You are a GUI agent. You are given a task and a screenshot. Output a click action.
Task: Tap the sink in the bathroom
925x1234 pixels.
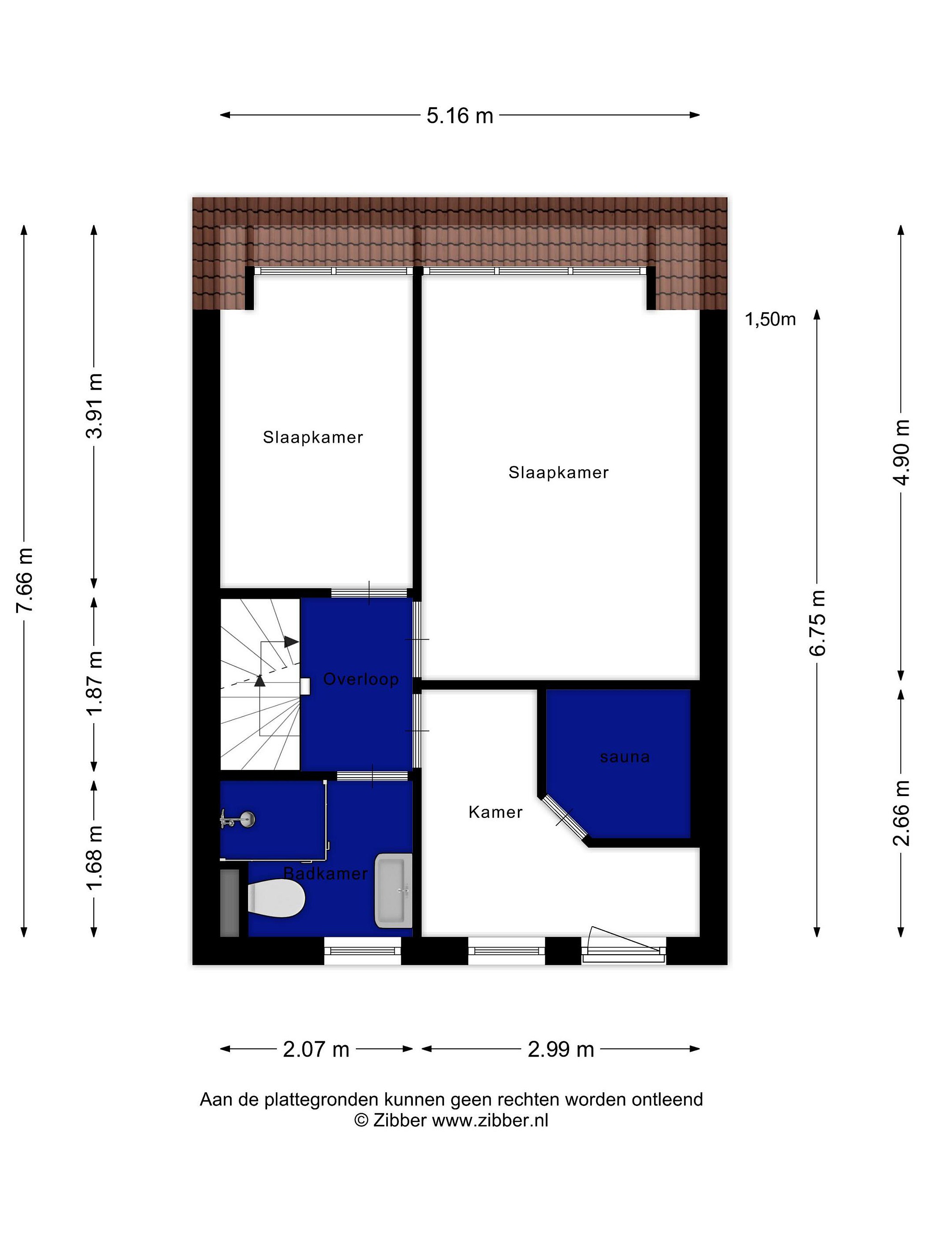(x=393, y=890)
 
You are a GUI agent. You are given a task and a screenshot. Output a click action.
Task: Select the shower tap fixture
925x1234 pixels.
(x=238, y=820)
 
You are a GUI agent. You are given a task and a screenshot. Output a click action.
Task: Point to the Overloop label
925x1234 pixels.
(x=361, y=679)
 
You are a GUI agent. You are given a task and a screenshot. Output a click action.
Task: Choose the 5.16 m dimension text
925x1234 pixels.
(x=460, y=116)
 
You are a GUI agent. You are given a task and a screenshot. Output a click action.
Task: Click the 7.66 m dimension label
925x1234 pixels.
(x=26, y=580)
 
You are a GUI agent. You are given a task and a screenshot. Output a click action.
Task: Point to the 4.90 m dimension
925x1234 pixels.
(x=901, y=452)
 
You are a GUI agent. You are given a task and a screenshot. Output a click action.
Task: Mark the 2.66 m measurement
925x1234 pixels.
(x=901, y=813)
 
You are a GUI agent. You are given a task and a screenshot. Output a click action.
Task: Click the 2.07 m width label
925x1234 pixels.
(x=316, y=1049)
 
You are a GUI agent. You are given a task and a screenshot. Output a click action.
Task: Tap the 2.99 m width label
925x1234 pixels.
(x=561, y=1049)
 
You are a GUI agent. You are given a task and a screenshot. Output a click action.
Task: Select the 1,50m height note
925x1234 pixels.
(x=770, y=319)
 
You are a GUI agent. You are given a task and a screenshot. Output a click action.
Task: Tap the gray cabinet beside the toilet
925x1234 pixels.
(x=230, y=903)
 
